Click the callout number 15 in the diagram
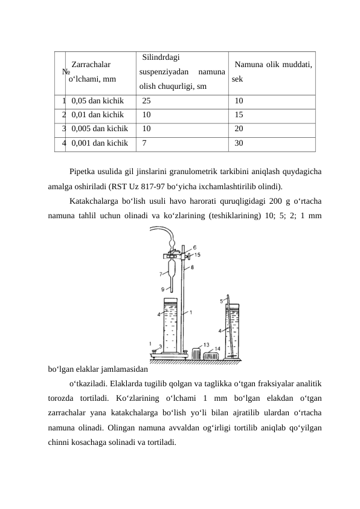coord(197,254)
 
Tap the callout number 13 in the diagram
coord(206,345)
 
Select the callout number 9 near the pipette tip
coord(162,289)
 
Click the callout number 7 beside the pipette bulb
coord(160,274)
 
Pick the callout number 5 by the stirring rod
coord(222,300)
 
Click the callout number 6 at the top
coord(194,247)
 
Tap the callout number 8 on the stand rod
coord(192,267)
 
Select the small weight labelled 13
coord(196,353)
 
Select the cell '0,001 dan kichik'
coord(99,143)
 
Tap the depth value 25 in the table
coord(147,101)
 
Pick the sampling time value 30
coord(239,143)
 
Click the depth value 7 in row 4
coord(145,143)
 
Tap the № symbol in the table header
coord(65,71)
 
